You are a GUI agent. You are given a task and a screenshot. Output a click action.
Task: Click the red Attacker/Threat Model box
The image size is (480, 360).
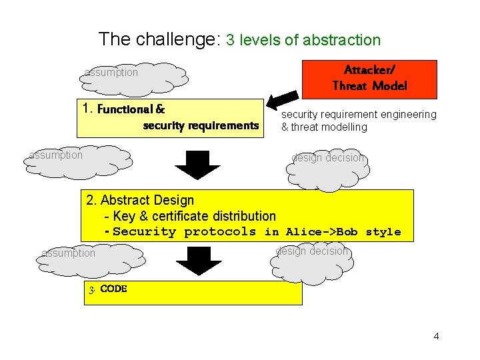pos(369,79)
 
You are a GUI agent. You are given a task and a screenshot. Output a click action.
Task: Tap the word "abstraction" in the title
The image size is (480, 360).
pos(341,40)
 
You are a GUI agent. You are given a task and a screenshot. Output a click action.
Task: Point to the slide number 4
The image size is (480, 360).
pos(436,336)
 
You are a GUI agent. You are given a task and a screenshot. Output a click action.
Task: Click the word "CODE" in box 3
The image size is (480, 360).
pos(113,289)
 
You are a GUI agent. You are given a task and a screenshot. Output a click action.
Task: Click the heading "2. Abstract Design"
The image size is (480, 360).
pos(141,200)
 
